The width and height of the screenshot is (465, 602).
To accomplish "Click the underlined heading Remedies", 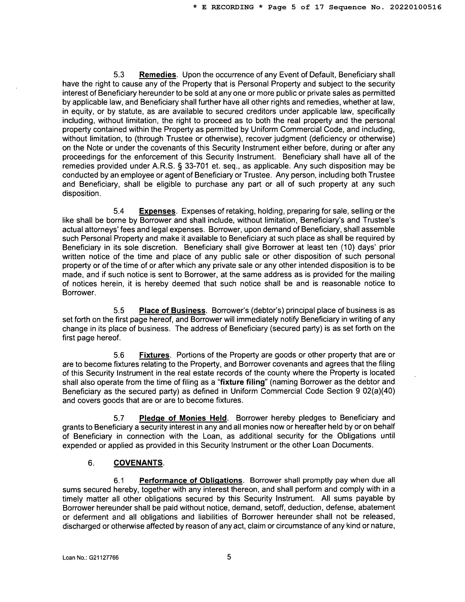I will [x=158, y=75].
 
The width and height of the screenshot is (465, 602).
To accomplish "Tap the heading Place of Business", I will [x=172, y=310].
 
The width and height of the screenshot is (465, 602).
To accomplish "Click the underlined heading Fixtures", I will [x=154, y=355].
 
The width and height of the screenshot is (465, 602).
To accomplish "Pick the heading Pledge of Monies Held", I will [x=183, y=418].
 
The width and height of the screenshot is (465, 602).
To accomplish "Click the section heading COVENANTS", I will [x=138, y=463].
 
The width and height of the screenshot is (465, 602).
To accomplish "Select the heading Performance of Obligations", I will [x=191, y=481].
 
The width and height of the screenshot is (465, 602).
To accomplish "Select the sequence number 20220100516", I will [x=415, y=7].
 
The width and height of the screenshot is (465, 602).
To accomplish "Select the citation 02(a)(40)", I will [x=379, y=391].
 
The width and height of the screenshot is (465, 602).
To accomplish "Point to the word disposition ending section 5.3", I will [x=80, y=194].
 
